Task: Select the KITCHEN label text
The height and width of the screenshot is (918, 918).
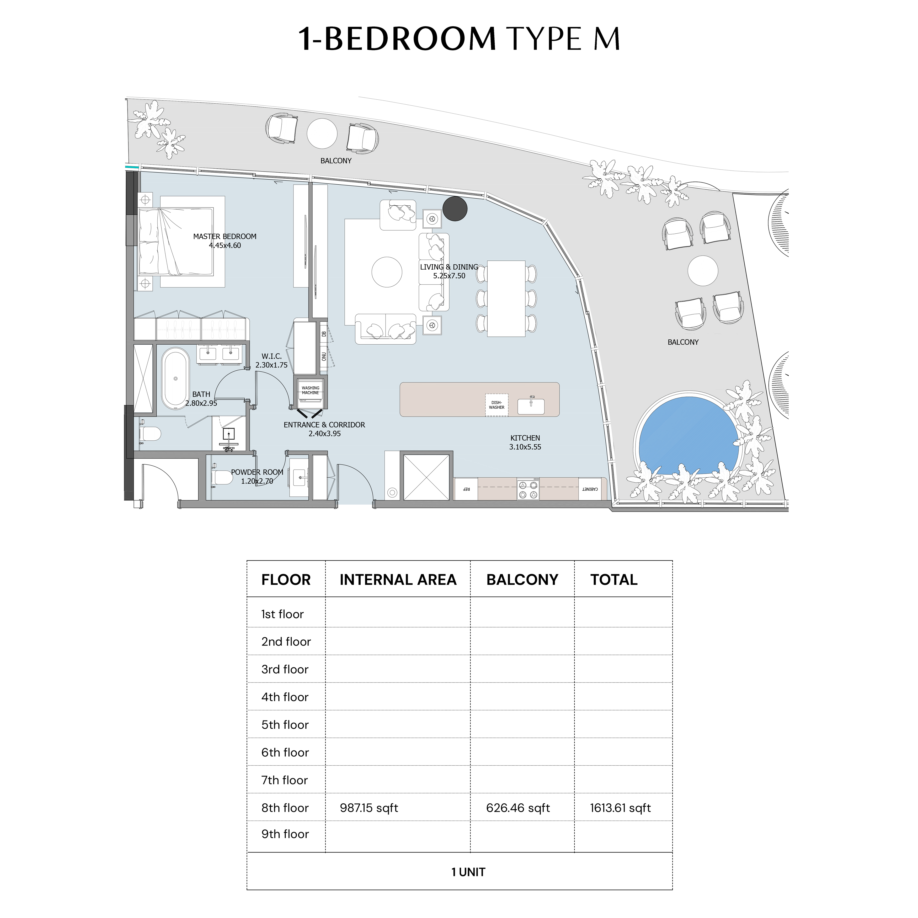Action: pos(525,438)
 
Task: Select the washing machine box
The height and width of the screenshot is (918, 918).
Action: pos(310,392)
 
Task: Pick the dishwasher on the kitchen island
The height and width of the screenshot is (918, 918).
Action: pos(497,405)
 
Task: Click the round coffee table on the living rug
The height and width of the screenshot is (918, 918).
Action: pos(387,272)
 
